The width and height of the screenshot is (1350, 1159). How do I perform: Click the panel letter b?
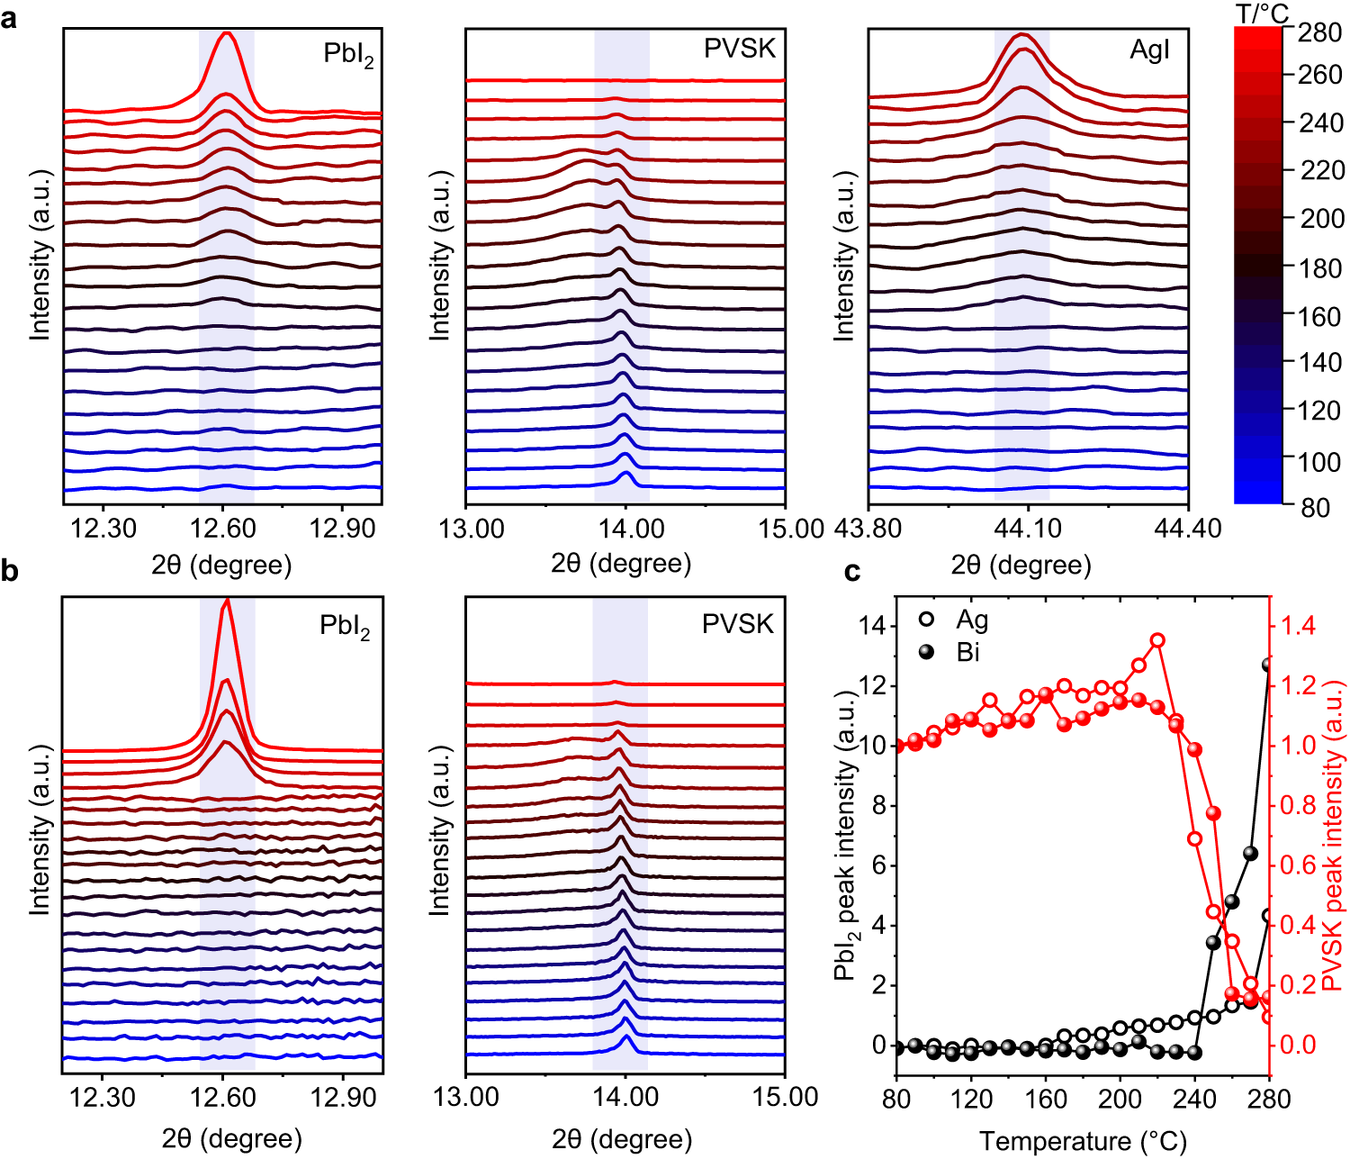tap(10, 572)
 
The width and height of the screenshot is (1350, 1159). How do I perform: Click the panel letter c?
tap(852, 573)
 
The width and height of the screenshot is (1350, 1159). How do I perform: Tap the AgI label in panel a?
tap(1149, 50)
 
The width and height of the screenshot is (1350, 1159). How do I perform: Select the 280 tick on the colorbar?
tap(1321, 32)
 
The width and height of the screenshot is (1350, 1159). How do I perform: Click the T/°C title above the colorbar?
tap(1261, 14)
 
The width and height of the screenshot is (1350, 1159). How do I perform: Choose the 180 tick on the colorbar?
tap(1321, 268)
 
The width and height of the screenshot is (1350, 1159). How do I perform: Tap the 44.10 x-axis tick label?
tap(1028, 528)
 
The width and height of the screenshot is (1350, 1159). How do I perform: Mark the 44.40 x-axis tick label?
tap(1188, 528)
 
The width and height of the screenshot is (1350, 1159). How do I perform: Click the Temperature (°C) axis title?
tap(1083, 1142)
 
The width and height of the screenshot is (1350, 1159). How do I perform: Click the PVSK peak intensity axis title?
tap(1334, 835)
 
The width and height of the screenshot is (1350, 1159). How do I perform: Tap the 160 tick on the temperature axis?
tap(1046, 1100)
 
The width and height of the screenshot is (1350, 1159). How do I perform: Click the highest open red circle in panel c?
tap(1157, 640)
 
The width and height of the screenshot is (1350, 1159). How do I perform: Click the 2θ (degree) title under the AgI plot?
tap(1021, 566)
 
